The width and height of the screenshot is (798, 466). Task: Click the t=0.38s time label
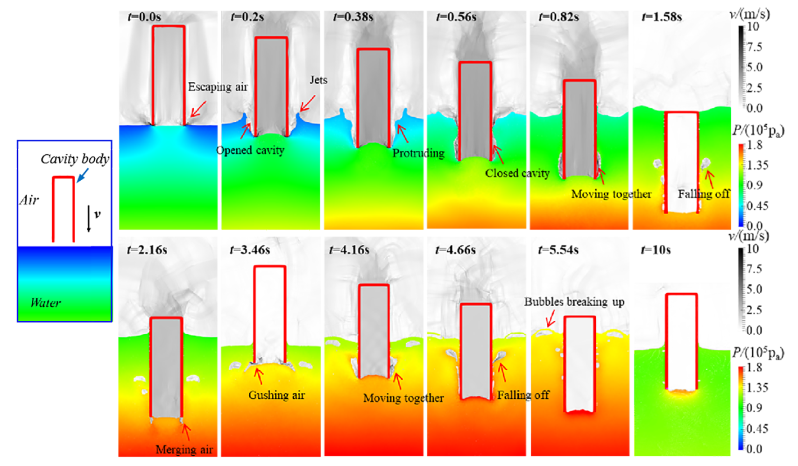pyautogui.click(x=353, y=17)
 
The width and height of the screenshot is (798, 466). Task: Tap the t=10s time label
pyautogui.click(x=656, y=250)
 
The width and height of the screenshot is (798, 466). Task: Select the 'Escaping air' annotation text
pyautogui.click(x=218, y=87)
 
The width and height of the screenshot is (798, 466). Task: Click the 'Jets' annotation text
pyautogui.click(x=318, y=80)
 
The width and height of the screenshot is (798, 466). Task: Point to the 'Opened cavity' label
pyautogui.click(x=250, y=150)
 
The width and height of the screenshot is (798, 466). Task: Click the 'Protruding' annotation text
pyautogui.click(x=418, y=153)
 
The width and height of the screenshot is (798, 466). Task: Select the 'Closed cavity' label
pyautogui.click(x=517, y=173)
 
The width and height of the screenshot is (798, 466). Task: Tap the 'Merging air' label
pyautogui.click(x=184, y=450)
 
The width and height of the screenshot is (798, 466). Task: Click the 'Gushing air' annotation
pyautogui.click(x=276, y=395)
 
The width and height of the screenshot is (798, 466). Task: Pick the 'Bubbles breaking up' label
pyautogui.click(x=574, y=302)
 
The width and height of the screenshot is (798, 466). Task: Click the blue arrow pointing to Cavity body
pyautogui.click(x=83, y=175)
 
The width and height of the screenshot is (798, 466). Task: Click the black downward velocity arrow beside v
pyautogui.click(x=89, y=219)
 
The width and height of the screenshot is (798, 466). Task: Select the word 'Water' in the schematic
pyautogui.click(x=45, y=303)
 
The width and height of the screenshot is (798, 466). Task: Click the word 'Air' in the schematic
pyautogui.click(x=29, y=200)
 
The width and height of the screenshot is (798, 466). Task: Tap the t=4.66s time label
pyautogui.click(x=455, y=250)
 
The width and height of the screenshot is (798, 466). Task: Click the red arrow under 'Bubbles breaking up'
pyautogui.click(x=551, y=319)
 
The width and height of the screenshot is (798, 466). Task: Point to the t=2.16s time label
pyautogui.click(x=147, y=250)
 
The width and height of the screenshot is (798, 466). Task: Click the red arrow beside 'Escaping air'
pyautogui.click(x=198, y=109)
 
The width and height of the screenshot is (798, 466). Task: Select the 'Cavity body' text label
pyautogui.click(x=75, y=159)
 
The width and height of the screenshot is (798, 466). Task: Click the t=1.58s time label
pyautogui.click(x=662, y=17)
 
